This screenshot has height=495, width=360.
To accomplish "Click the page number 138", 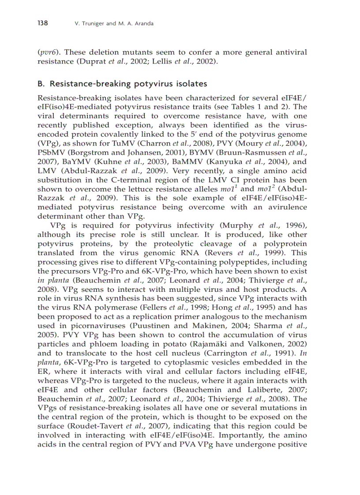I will click(x=43, y=23).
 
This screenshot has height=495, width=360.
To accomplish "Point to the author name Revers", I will click(x=222, y=253).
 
